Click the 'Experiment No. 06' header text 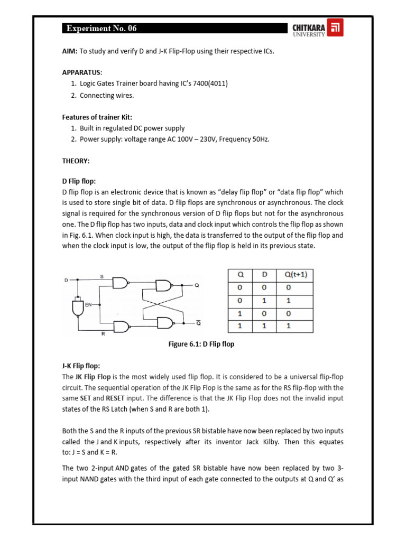click(101, 29)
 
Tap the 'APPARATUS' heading click(82, 72)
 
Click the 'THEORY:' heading click(76, 161)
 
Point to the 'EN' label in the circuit click(88, 305)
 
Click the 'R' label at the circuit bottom click(101, 334)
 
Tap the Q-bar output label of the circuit click(198, 322)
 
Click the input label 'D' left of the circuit click(66, 280)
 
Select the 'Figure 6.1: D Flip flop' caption click(201, 344)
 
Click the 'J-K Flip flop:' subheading click(81, 366)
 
